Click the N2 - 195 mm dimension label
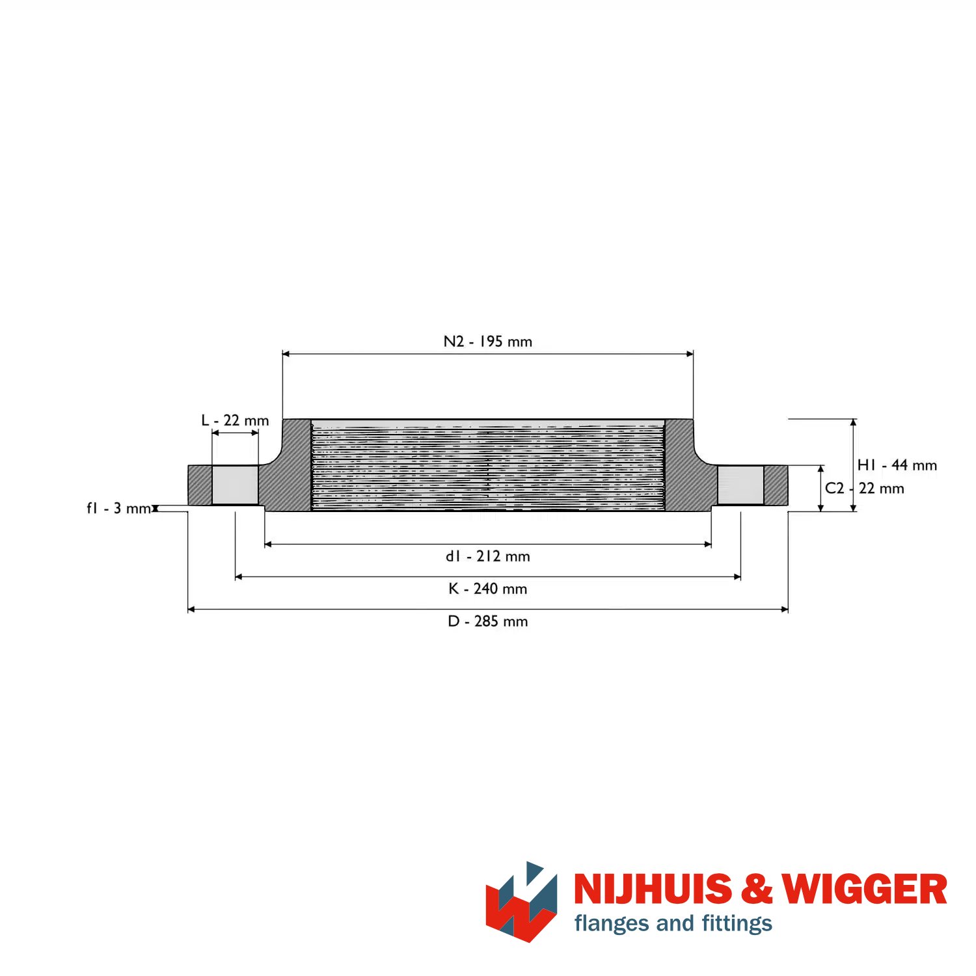(x=488, y=342)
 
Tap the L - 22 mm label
(x=235, y=420)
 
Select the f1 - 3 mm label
(x=119, y=508)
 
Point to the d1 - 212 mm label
(x=488, y=556)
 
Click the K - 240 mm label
(x=488, y=589)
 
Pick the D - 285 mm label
(x=488, y=621)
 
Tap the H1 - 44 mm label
(x=897, y=465)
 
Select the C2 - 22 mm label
(x=865, y=488)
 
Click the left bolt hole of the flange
(x=235, y=485)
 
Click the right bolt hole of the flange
(x=740, y=485)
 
